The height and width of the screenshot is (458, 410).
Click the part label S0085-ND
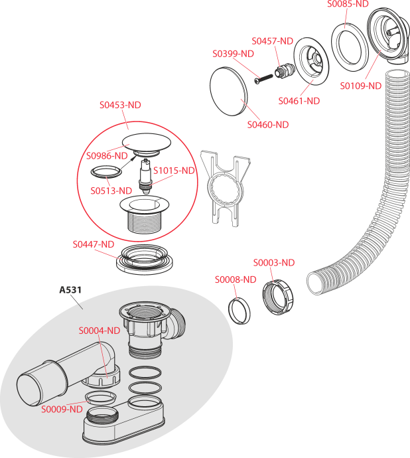click(x=348, y=4)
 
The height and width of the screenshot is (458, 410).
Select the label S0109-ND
click(x=360, y=86)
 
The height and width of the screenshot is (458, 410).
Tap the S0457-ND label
click(x=272, y=41)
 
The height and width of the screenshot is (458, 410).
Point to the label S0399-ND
click(x=233, y=54)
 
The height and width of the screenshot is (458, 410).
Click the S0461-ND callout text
click(x=299, y=101)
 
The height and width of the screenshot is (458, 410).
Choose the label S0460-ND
click(x=267, y=124)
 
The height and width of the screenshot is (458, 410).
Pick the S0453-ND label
click(x=120, y=105)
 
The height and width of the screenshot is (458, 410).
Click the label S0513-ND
click(x=111, y=191)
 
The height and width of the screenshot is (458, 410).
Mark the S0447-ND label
click(x=93, y=244)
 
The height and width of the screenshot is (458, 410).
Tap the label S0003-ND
click(x=273, y=263)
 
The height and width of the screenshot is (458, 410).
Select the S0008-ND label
click(x=235, y=279)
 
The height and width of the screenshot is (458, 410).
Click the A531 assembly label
click(x=70, y=290)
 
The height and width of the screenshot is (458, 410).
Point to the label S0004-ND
click(x=99, y=331)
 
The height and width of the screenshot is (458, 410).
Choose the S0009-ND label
click(x=62, y=409)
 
